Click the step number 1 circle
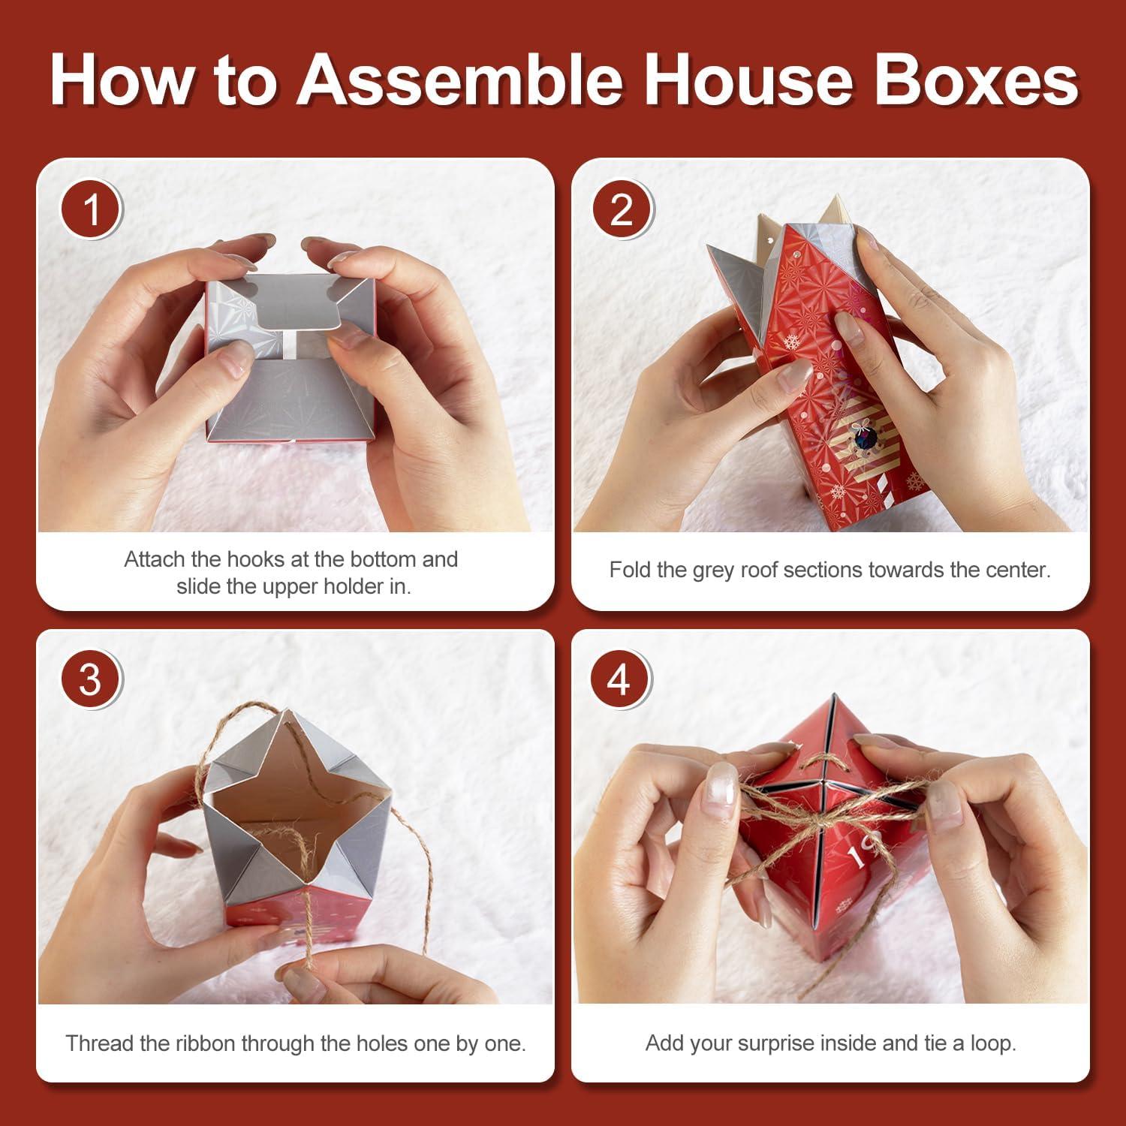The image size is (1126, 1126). (91, 209)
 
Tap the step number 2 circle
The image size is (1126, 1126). (622, 209)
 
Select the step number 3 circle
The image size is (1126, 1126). (90, 680)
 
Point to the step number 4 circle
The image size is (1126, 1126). (620, 680)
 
